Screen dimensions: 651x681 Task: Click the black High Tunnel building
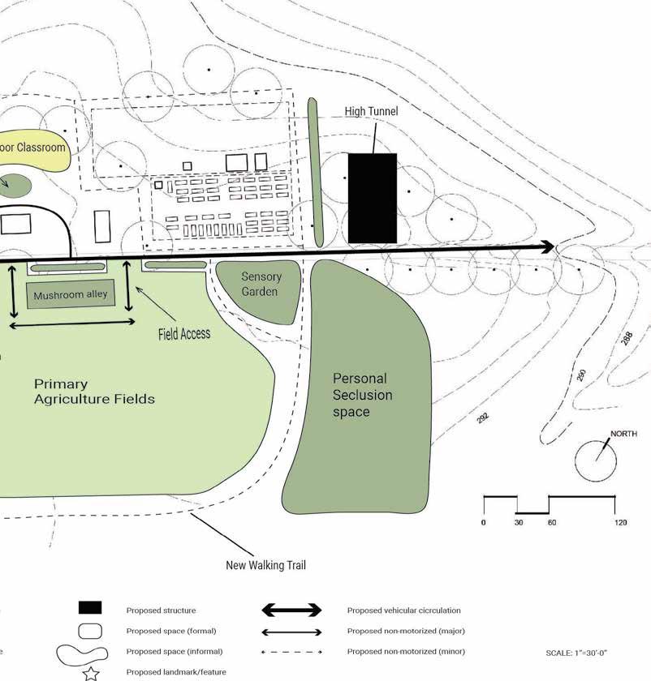[x=373, y=198]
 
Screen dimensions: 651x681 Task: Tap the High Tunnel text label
[x=371, y=111]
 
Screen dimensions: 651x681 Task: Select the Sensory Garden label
[x=260, y=285]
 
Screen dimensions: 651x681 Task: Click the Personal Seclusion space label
[x=361, y=395]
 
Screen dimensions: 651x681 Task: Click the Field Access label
[x=184, y=333]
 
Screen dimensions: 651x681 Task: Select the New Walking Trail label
[x=265, y=565]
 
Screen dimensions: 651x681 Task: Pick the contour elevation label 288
[x=626, y=338]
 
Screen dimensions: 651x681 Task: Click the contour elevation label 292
[x=483, y=418]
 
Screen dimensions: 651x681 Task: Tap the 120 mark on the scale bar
[x=620, y=523]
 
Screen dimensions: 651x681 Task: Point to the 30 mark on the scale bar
[x=517, y=523]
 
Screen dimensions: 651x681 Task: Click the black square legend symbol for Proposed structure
[x=90, y=608]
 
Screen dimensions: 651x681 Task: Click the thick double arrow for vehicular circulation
[x=291, y=610]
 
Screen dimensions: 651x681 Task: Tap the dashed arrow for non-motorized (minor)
[x=291, y=652]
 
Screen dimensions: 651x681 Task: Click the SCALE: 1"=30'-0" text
[x=577, y=653]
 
